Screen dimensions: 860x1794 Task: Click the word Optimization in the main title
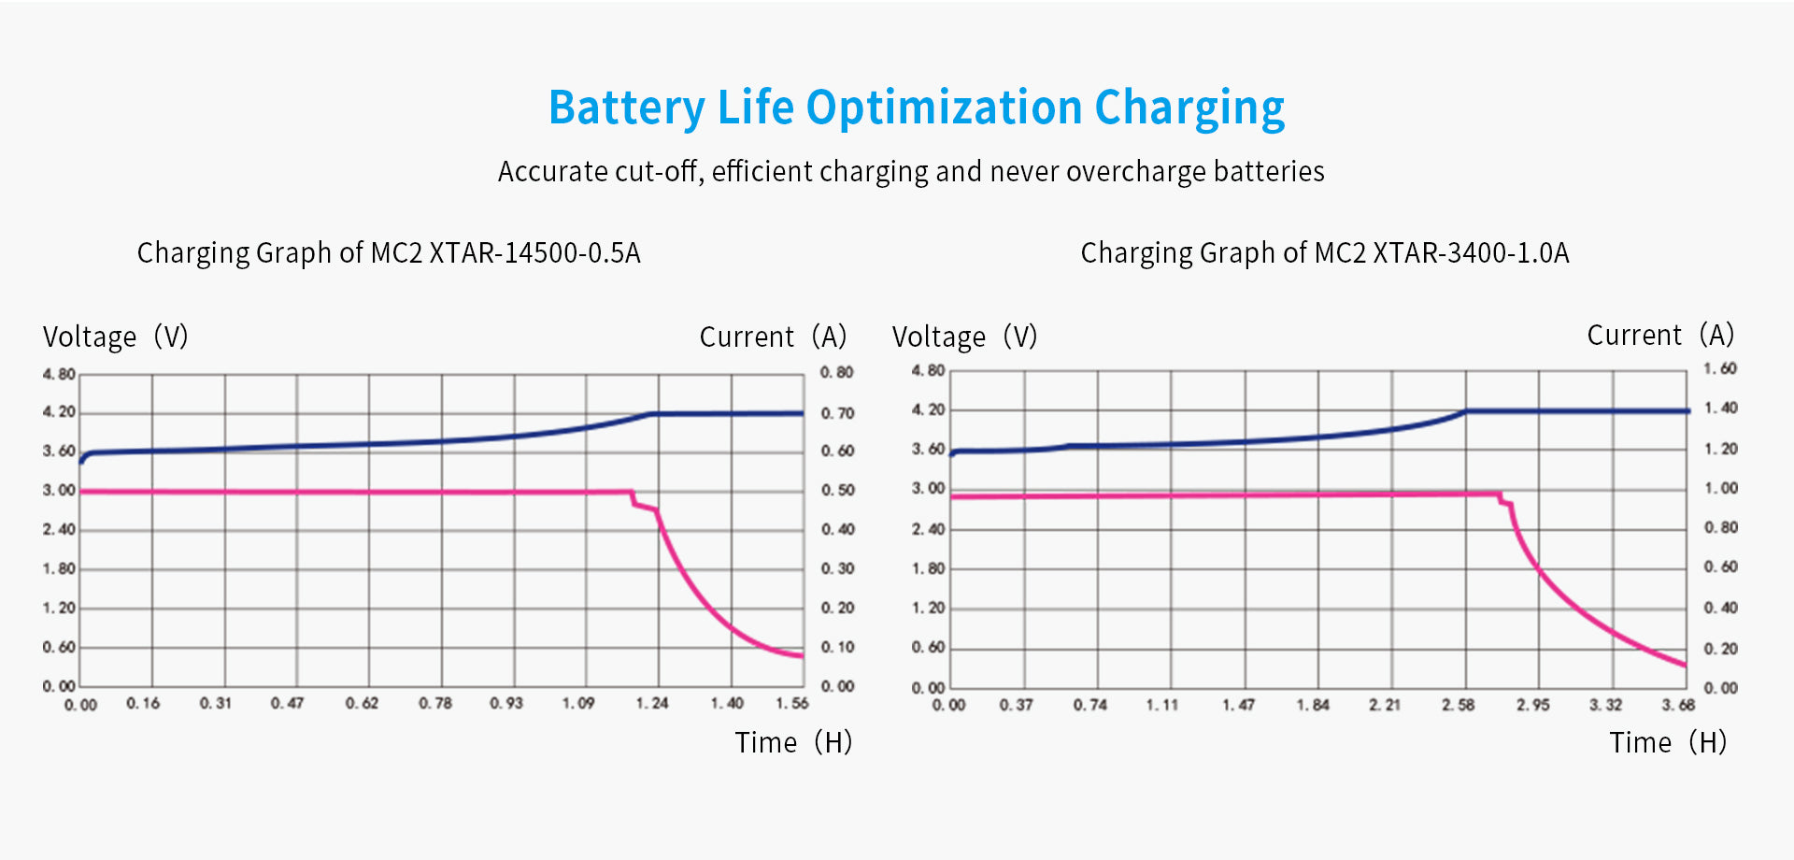[944, 108]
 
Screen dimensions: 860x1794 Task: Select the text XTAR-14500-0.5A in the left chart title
[534, 253]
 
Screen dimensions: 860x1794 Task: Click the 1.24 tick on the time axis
[652, 703]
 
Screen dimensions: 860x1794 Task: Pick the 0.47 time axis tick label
[288, 703]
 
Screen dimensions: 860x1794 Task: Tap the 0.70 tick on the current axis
[837, 413]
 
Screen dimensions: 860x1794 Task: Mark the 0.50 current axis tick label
[837, 490]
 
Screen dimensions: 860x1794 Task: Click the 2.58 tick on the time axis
[1458, 705]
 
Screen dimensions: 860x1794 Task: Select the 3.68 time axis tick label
[1678, 705]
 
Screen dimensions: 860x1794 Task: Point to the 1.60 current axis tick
[1720, 368]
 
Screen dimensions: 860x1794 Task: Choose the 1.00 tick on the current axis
[1720, 488]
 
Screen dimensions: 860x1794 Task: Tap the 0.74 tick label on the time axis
[1089, 705]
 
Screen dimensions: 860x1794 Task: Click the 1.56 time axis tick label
[792, 703]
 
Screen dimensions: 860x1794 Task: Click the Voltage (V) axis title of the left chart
[116, 337]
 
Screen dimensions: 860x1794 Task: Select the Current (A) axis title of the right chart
[1660, 335]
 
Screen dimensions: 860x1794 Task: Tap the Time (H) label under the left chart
[793, 742]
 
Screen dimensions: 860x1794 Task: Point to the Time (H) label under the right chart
[1668, 742]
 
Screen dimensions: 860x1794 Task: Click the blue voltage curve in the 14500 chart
[374, 444]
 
